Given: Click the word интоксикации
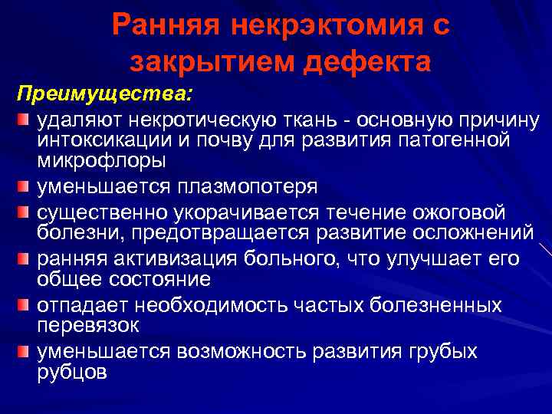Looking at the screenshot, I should tap(108, 140).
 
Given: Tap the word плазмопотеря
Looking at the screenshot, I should tap(246, 187).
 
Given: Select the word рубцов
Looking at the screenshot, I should tap(73, 371).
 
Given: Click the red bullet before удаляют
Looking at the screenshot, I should tap(25, 120).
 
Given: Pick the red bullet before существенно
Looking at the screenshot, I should tap(25, 212).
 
